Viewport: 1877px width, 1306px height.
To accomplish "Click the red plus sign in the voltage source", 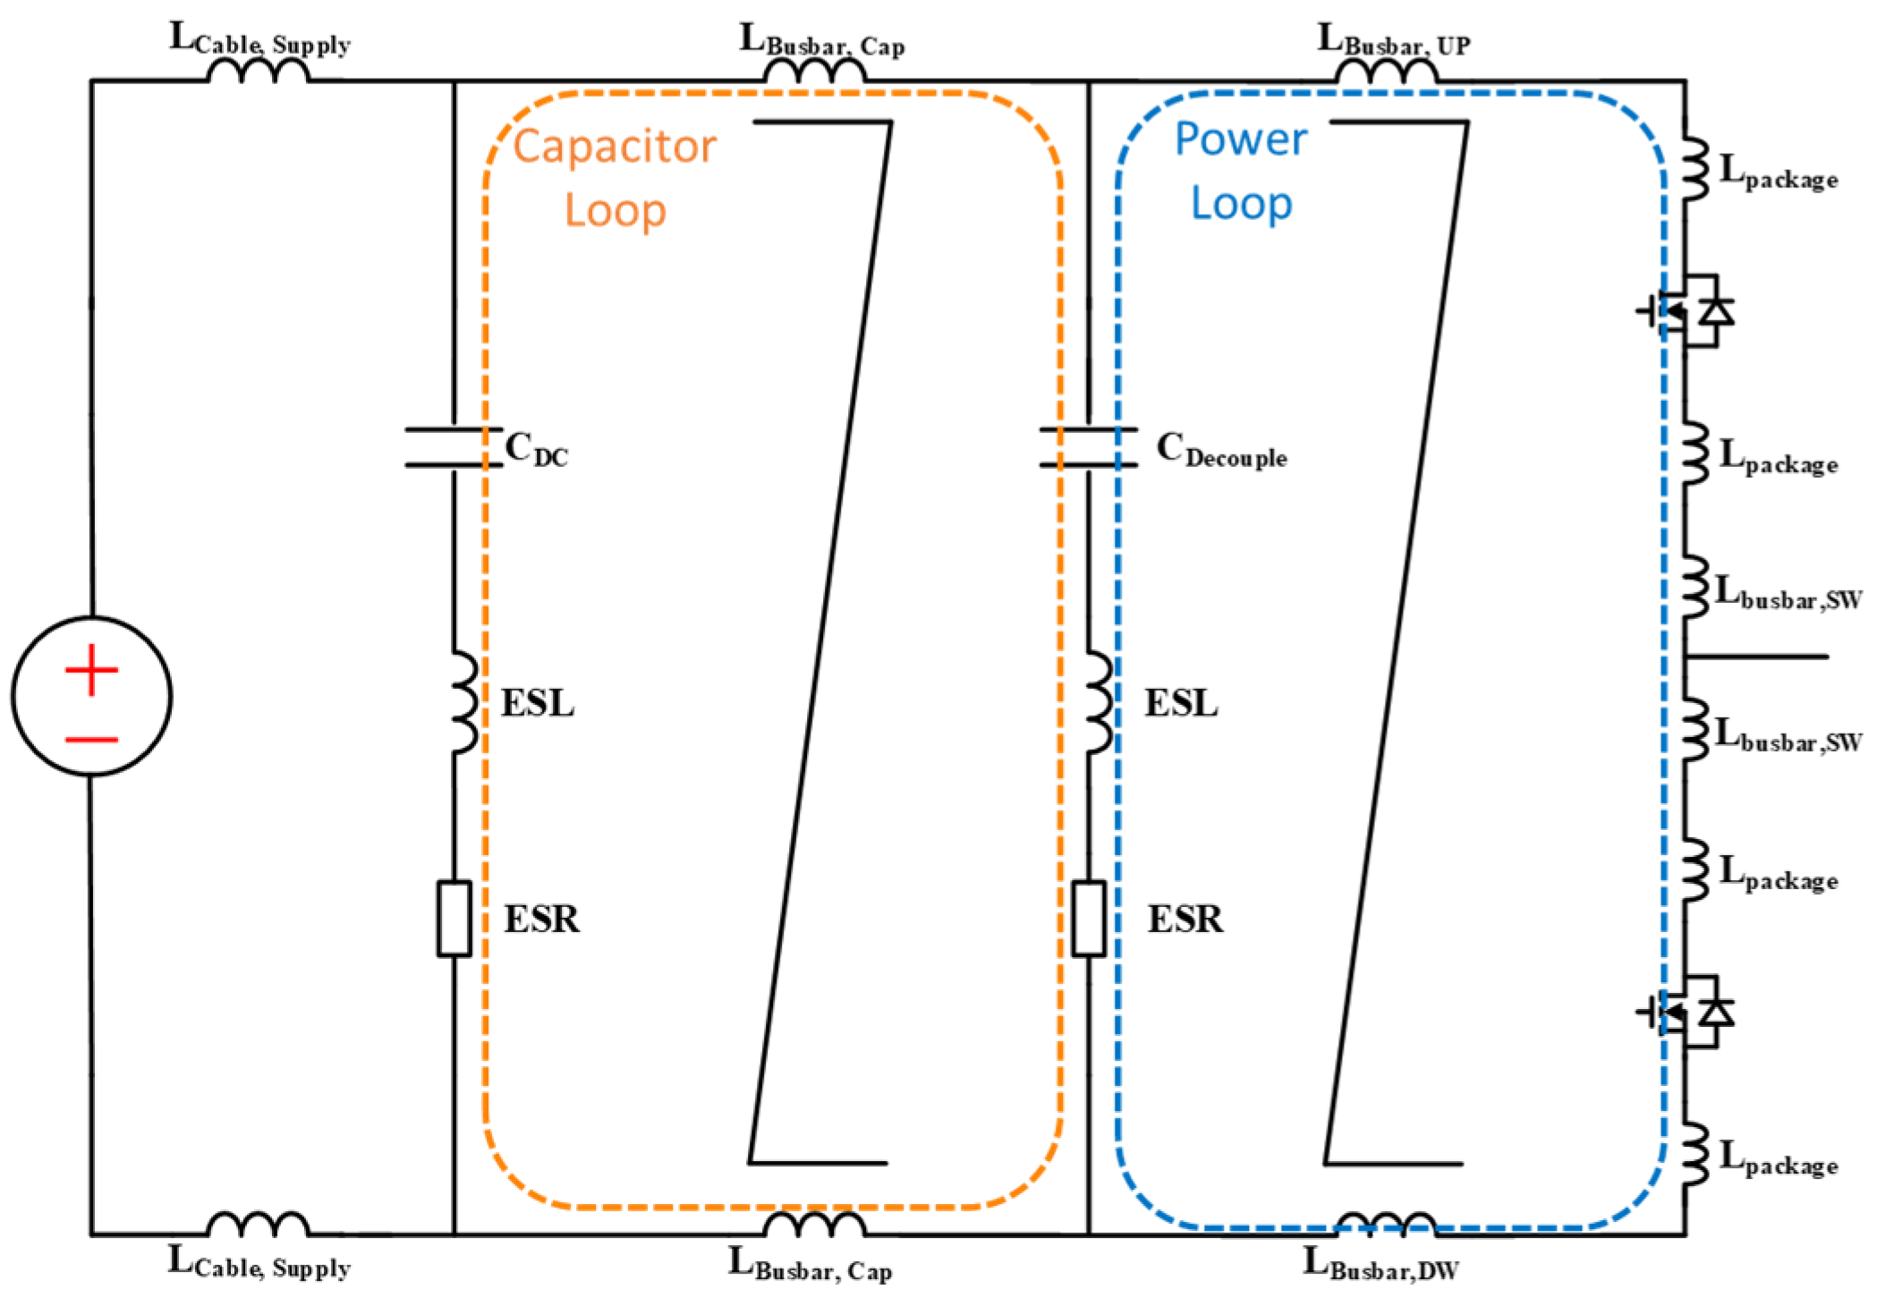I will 91,669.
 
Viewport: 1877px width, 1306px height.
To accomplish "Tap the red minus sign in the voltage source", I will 91,740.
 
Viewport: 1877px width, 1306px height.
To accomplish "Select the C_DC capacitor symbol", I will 454,447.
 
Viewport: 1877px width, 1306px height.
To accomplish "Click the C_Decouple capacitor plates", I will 1089,447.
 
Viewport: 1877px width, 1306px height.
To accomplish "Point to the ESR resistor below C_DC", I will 454,919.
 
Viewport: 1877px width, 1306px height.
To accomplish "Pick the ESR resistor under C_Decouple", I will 1089,919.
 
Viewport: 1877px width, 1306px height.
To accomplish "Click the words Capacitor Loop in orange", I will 615,177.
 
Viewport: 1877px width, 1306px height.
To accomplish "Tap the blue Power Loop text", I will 1241,170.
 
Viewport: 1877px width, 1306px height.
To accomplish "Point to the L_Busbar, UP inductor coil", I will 1387,72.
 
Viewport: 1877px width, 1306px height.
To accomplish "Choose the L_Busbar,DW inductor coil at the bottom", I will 1387,1225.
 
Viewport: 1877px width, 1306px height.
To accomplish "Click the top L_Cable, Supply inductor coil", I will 258,72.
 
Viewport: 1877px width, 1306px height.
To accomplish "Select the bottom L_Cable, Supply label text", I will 259,1264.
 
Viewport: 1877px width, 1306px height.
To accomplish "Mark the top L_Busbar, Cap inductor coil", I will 814,72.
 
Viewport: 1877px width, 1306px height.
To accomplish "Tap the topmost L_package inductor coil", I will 1694,168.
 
